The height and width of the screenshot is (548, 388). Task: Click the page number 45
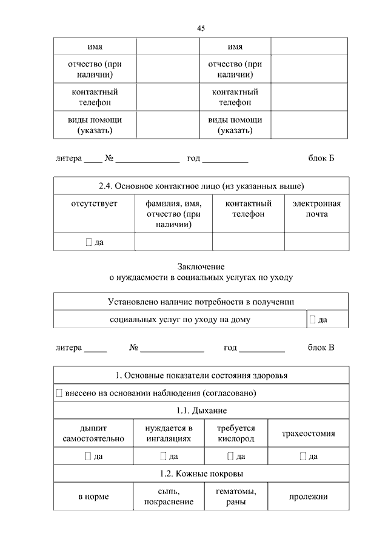click(201, 28)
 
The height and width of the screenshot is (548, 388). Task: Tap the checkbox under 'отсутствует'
click(89, 242)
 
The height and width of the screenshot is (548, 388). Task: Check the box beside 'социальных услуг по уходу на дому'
click(312, 319)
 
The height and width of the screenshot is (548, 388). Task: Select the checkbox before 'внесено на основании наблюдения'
click(59, 393)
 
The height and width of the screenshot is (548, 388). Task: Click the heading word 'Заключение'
click(201, 266)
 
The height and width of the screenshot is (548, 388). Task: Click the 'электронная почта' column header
click(316, 209)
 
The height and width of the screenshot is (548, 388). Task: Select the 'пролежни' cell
click(309, 497)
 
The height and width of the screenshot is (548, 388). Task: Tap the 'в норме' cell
click(93, 497)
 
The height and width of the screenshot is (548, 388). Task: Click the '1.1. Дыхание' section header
click(201, 411)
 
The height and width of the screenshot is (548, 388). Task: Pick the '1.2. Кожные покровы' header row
click(201, 474)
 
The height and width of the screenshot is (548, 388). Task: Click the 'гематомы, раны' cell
click(236, 497)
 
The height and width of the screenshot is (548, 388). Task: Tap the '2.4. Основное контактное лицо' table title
click(201, 185)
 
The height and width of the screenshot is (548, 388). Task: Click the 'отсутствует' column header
click(94, 204)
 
